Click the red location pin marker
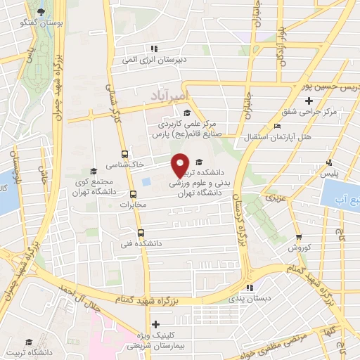(x=181, y=165)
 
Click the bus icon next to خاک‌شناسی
(x=124, y=154)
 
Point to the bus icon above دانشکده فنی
(x=141, y=233)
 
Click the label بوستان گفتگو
(x=44, y=23)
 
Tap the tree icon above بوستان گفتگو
(x=41, y=12)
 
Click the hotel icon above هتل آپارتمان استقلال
(x=276, y=126)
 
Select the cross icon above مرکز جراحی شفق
(x=309, y=101)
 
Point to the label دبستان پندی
(x=250, y=299)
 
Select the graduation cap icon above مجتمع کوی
(x=94, y=171)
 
